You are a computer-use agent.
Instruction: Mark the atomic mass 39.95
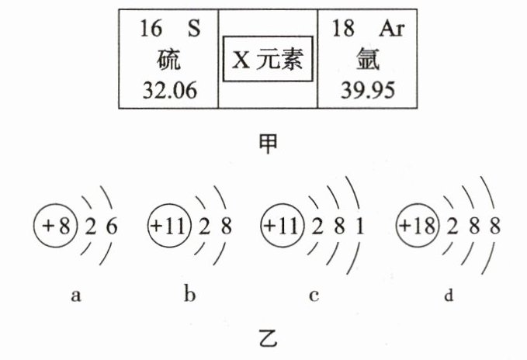tap(367, 91)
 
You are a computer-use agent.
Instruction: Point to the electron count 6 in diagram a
tap(114, 227)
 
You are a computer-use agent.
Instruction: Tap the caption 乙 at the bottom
tap(266, 338)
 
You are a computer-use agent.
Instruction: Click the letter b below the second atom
tap(189, 295)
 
